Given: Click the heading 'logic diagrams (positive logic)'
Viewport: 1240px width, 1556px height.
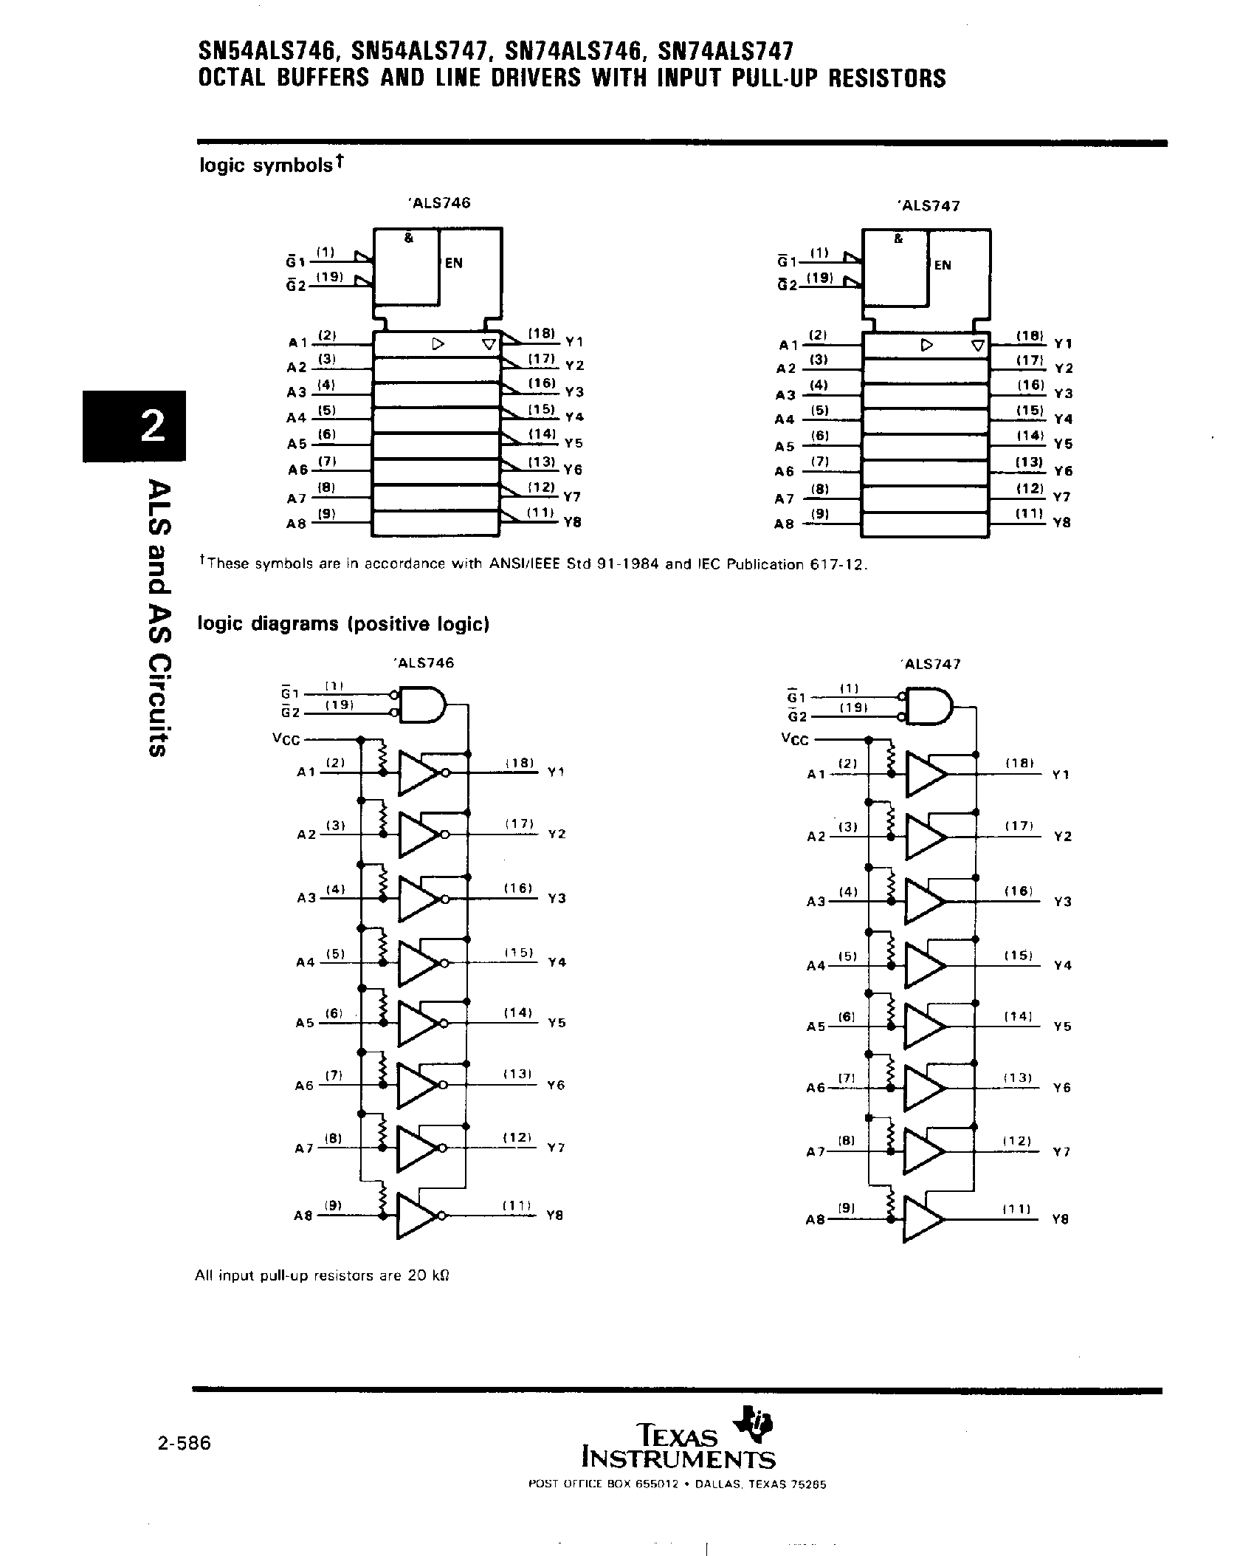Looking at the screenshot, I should (344, 624).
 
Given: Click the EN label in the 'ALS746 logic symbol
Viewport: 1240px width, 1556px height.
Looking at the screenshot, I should (453, 263).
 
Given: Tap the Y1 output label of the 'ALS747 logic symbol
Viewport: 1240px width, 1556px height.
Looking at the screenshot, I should (1063, 343).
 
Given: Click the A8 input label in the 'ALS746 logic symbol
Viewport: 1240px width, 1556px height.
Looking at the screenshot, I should (296, 524).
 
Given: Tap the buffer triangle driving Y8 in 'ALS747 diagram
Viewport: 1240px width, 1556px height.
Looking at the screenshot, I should (923, 1219).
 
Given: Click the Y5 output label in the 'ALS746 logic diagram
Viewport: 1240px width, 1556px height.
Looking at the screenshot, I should (557, 1024).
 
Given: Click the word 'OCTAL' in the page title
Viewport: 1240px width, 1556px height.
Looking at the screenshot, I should (231, 78).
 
